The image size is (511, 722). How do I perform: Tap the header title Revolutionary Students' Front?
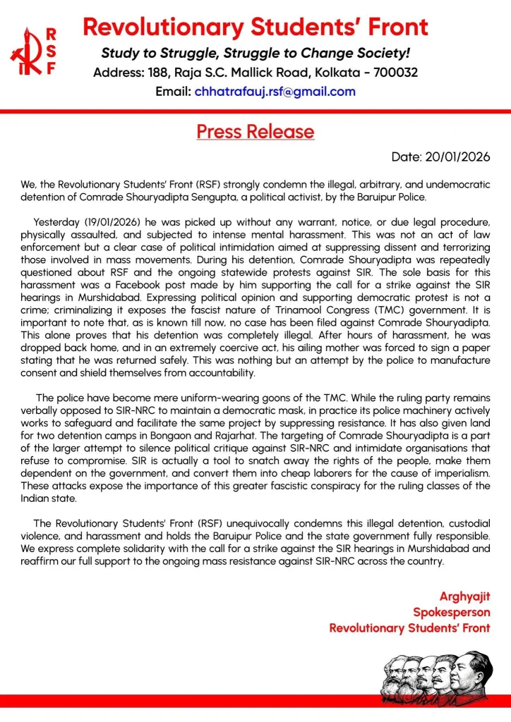[x=255, y=27]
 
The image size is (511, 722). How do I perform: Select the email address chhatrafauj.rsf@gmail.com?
[x=275, y=92]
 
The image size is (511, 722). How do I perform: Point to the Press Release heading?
[x=255, y=132]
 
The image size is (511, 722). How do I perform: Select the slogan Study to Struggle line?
[x=255, y=53]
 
